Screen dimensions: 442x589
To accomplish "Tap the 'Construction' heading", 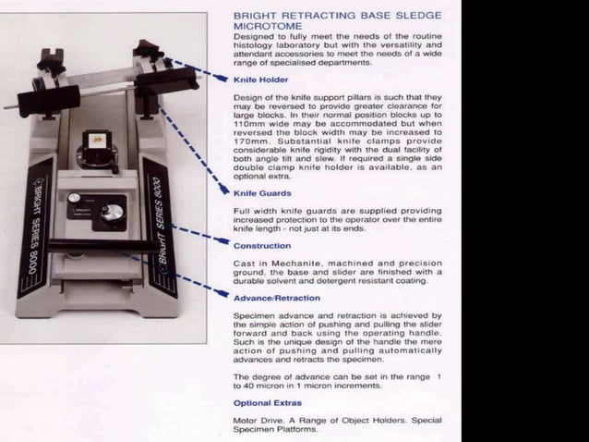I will tap(261, 246).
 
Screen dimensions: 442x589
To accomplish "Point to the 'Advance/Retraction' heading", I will tap(276, 298).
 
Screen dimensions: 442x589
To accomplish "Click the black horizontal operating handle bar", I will tap(92, 246).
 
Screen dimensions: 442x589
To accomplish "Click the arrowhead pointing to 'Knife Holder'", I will tap(224, 80).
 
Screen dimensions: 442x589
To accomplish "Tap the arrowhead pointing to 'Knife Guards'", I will tap(224, 192).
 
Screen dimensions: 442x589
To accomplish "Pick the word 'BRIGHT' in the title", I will tap(254, 16).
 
